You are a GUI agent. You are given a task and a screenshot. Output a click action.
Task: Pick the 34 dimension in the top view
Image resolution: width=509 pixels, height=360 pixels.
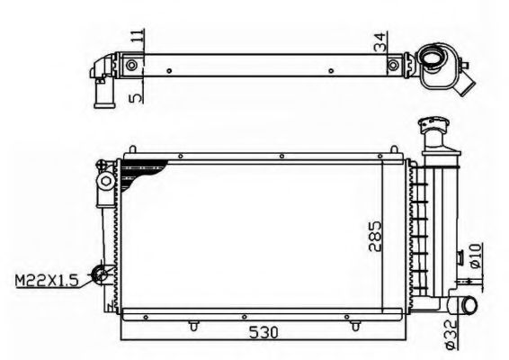[384, 41]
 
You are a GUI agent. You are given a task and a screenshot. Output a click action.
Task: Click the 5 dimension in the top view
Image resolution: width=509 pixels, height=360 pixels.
[137, 93]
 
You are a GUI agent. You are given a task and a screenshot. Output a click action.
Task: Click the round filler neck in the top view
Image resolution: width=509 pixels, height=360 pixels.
[433, 61]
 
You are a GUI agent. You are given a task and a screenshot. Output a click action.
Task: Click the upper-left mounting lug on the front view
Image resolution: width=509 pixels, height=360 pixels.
[106, 183]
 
